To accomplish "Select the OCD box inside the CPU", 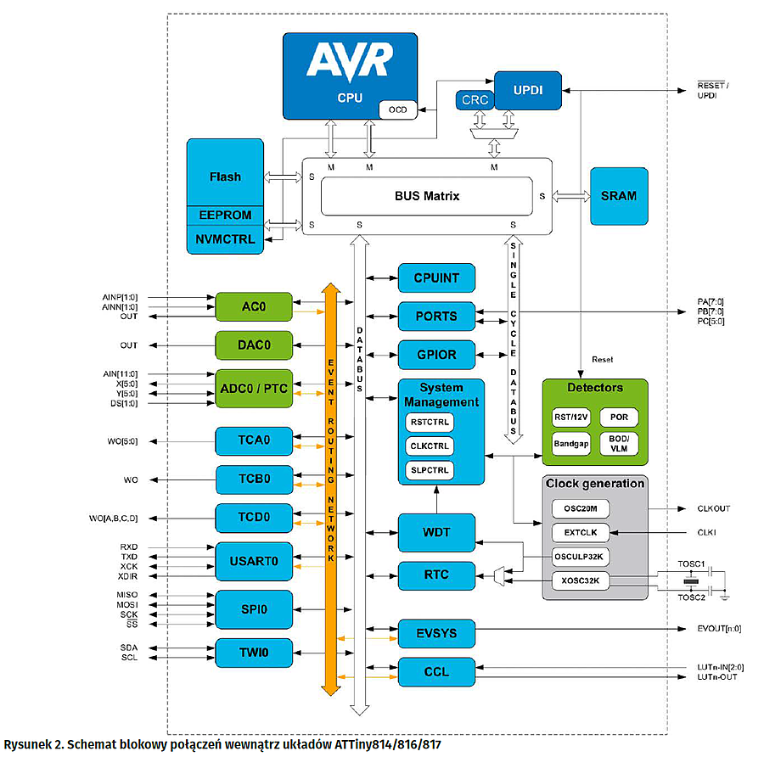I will pos(397,109).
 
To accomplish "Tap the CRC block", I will pos(475,100).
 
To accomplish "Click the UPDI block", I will pos(528,88).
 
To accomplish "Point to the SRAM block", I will pos(619,196).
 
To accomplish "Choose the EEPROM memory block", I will pos(225,215).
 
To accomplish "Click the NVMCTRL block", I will pos(225,238).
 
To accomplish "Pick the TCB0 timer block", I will pos(254,479).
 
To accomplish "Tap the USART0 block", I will pos(254,560).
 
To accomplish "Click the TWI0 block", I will pos(254,652).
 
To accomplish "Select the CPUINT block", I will pos(435,278).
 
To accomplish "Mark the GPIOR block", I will pos(435,354).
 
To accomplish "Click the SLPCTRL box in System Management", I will pos(430,469).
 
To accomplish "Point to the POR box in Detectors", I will pos(618,418).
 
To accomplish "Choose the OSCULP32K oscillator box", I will pos(581,557).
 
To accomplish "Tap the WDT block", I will pos(435,533).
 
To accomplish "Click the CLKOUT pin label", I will pos(713,509).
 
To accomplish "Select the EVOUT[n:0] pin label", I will pos(718,629).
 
